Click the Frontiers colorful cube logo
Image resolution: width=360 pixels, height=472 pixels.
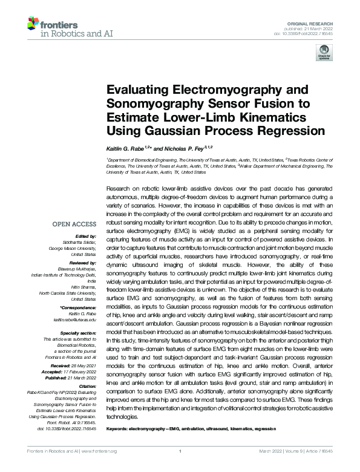click(x=33, y=25)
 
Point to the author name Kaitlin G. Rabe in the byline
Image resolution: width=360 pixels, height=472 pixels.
click(x=128, y=147)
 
